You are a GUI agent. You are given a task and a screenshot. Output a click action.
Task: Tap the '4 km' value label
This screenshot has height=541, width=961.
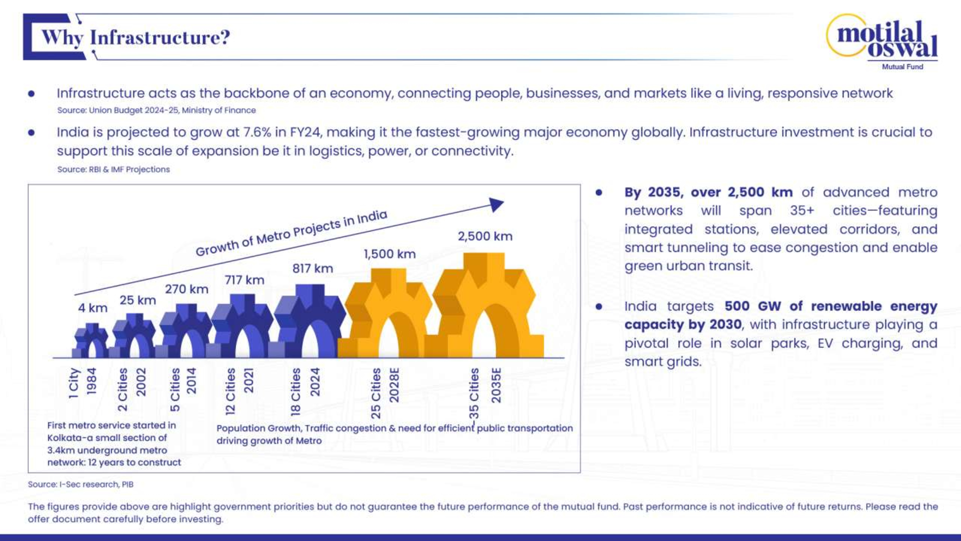click(x=92, y=308)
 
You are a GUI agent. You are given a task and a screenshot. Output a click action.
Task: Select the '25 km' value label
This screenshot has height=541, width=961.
click(x=138, y=300)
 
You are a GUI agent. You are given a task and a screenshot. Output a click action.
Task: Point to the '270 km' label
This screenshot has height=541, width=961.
click(x=186, y=289)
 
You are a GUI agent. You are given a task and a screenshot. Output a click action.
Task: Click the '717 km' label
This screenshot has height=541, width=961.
click(x=244, y=280)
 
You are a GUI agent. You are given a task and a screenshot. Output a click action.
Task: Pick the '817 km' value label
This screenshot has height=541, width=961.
click(x=313, y=268)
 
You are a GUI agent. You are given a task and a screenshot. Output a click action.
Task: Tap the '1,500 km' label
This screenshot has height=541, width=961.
click(x=389, y=254)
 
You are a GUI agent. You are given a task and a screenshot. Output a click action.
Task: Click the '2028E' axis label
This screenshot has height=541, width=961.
click(x=394, y=385)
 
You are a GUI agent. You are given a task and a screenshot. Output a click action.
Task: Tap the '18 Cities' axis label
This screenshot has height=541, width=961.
click(x=296, y=392)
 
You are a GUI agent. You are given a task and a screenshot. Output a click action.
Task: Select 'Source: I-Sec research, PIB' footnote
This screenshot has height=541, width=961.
click(x=80, y=484)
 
